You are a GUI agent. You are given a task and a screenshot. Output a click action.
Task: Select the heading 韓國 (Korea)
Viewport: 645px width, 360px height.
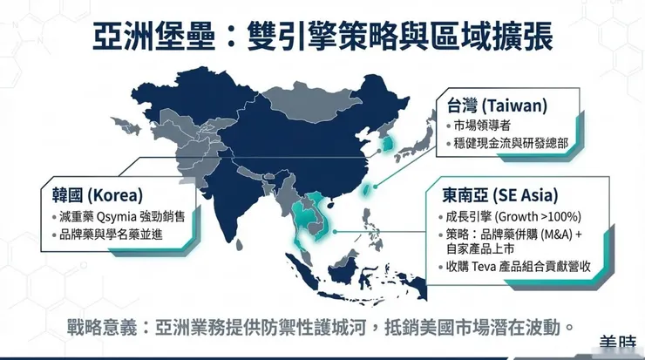[92, 194]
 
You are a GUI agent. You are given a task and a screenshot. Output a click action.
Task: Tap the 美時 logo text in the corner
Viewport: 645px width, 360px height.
[621, 345]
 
